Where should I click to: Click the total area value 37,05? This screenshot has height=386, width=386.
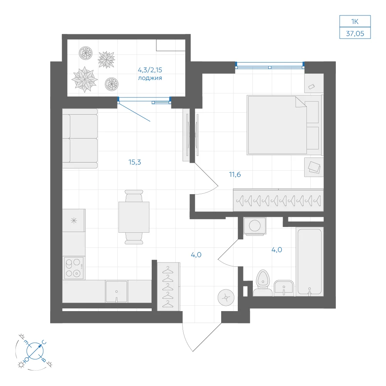(355, 33)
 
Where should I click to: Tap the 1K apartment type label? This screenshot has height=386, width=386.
(355, 22)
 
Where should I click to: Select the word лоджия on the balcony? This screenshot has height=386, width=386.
(150, 78)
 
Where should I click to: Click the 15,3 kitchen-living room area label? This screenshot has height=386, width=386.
(135, 162)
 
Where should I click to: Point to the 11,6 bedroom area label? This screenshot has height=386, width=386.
(235, 174)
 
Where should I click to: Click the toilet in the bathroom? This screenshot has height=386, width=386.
(262, 283)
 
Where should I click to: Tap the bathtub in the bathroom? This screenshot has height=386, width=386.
(310, 261)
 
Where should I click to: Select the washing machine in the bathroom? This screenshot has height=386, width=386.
(255, 225)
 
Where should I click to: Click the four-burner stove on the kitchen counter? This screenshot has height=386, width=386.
(74, 268)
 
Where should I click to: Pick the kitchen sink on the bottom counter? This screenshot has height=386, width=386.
(117, 292)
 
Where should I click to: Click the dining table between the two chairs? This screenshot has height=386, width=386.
(134, 217)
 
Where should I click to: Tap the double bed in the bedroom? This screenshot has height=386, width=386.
(284, 125)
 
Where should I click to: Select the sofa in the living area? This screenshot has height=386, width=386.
(80, 139)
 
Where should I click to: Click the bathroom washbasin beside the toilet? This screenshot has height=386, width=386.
(284, 288)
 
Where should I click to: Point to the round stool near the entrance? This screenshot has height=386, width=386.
(226, 298)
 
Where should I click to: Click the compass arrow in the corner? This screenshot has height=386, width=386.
(35, 350)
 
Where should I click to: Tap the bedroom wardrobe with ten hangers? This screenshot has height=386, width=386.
(278, 200)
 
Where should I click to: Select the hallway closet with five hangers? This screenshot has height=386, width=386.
(169, 286)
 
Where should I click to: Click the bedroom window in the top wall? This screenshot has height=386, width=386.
(270, 66)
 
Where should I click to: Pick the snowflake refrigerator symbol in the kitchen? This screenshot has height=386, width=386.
(74, 220)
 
